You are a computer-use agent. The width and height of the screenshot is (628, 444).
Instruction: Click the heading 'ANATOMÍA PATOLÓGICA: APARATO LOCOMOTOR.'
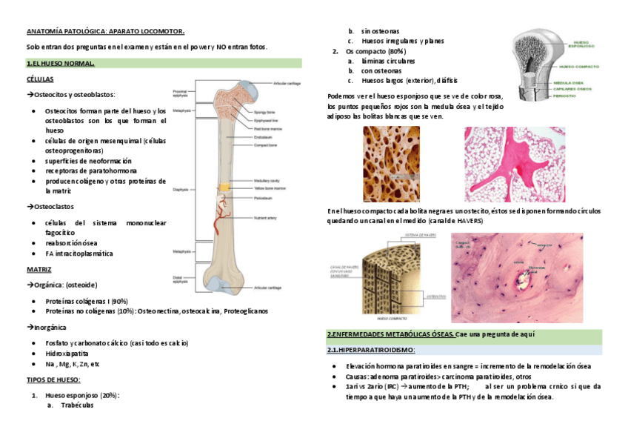tap(105, 31)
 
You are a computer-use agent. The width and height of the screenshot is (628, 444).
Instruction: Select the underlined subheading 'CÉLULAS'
tap(39, 79)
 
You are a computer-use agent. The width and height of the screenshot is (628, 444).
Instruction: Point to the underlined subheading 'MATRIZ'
tap(39, 269)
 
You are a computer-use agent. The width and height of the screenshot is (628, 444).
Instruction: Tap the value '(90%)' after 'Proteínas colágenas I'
tap(118, 301)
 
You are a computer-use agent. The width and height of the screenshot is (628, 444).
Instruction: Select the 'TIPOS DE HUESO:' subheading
tap(58, 380)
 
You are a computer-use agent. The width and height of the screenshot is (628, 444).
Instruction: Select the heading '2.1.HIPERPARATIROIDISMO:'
tap(371, 350)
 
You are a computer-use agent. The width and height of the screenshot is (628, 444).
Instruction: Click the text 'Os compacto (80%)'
tap(375, 52)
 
